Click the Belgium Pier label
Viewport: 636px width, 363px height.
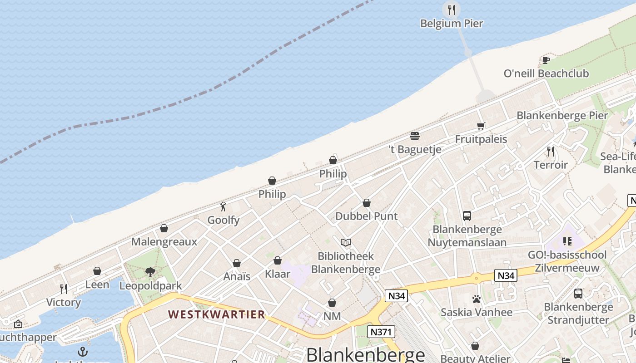451,23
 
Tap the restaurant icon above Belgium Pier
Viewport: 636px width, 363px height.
451,10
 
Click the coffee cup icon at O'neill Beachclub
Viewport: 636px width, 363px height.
546,60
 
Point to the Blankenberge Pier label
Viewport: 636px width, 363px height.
562,115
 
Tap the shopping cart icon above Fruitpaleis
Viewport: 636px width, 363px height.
481,126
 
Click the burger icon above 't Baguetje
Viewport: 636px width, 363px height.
414,136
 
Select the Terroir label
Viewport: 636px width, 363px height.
551,165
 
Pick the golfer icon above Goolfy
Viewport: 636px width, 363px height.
223,207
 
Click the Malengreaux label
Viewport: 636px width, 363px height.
164,241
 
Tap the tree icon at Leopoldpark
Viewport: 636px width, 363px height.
150,272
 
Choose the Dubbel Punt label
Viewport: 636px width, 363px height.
366,216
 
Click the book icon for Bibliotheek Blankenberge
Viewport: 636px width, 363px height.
346,242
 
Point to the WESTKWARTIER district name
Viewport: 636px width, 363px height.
217,314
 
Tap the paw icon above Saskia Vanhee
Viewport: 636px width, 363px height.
476,299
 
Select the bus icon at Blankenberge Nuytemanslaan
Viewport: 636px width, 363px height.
467,216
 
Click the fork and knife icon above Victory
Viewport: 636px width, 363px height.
64,289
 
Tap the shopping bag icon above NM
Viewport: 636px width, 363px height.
332,303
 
